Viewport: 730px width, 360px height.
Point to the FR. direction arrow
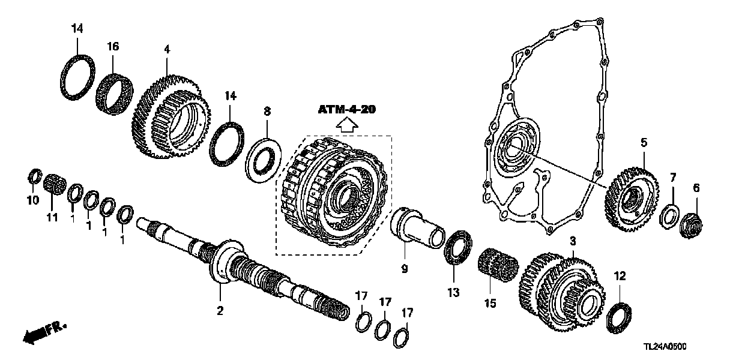click(44, 332)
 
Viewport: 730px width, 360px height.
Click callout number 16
click(113, 46)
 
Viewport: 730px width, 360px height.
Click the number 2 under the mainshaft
click(220, 310)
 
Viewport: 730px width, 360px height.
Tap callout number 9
click(404, 269)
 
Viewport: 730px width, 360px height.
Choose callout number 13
click(453, 292)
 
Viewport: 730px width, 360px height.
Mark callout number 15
click(490, 304)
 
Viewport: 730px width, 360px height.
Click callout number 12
click(620, 276)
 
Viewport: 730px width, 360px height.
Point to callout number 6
click(696, 188)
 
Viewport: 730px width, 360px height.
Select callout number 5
click(643, 143)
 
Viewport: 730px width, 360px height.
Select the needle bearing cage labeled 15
click(497, 266)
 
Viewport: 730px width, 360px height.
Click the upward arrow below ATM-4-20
click(347, 125)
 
